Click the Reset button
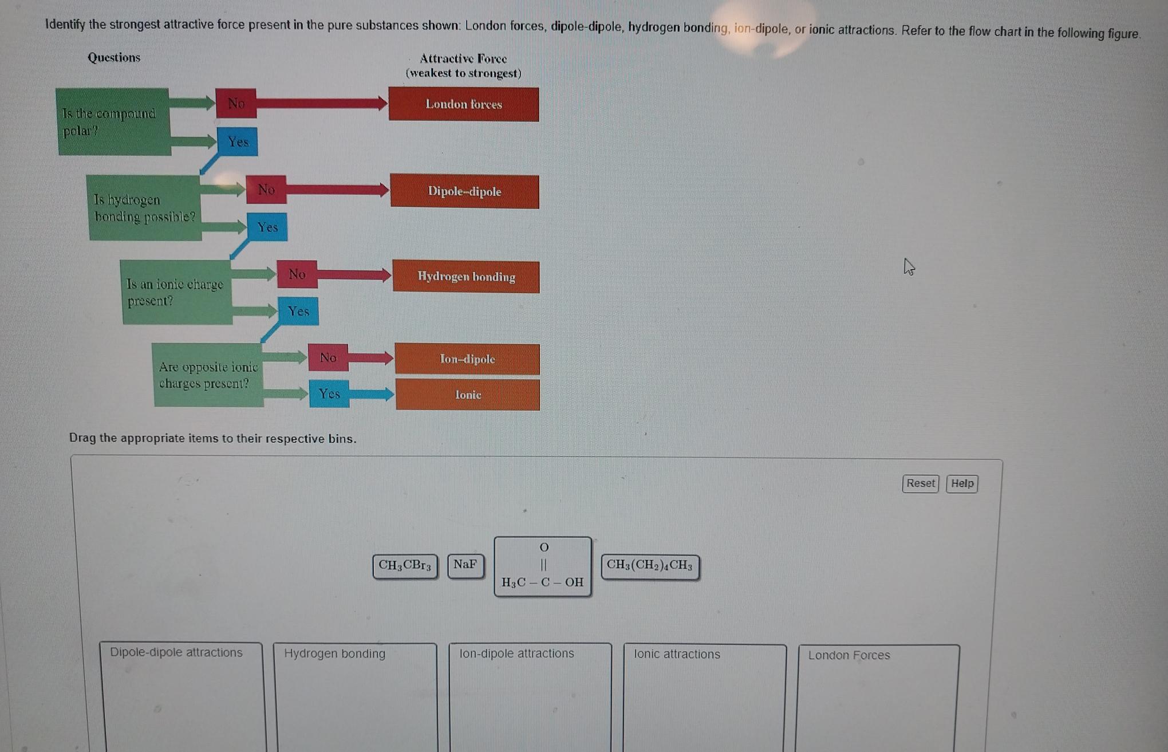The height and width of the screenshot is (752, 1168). pos(920,483)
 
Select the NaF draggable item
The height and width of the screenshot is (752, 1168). pos(465,565)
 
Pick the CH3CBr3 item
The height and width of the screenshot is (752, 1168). pos(405,566)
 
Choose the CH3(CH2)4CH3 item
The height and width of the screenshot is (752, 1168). pos(650,566)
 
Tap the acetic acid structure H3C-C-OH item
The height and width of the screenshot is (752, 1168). pos(542,566)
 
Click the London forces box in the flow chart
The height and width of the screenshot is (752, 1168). pos(463,104)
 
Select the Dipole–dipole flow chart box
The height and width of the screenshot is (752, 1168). pos(464,191)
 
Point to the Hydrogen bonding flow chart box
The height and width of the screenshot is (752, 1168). pos(466,277)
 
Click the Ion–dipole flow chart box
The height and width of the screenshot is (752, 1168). pos(467,359)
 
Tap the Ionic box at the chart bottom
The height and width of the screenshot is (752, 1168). pos(468,395)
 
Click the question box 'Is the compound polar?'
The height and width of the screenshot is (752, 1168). pos(113,122)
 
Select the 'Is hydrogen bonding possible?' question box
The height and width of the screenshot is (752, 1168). pos(144,208)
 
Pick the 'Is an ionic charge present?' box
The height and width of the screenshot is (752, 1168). pos(176,292)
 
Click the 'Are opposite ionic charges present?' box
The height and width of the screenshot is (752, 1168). pos(208,375)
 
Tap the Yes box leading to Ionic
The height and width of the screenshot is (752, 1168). pos(329,393)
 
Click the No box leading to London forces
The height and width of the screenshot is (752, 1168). pos(236,103)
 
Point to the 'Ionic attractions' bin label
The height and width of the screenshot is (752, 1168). pos(677,654)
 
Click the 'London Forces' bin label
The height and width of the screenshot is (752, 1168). pos(849,655)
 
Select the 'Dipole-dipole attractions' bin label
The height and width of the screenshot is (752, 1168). pos(176,652)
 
